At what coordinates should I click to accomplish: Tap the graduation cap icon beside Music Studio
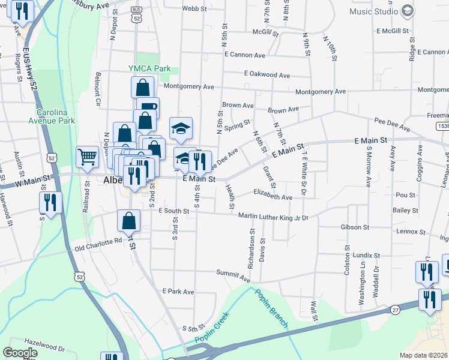click(x=408, y=11)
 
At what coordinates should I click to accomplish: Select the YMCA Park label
click(x=149, y=69)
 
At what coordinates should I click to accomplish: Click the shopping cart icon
click(x=88, y=157)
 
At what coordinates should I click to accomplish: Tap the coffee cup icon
click(x=148, y=107)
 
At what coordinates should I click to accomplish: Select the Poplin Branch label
click(x=272, y=308)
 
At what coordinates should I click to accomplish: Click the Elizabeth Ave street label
click(x=273, y=197)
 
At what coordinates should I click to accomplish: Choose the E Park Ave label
click(x=178, y=292)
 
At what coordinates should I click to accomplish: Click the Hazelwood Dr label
click(x=44, y=347)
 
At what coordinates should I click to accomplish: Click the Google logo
click(x=20, y=353)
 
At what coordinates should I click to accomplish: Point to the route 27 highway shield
click(x=394, y=310)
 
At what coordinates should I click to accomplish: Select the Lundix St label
click(x=366, y=255)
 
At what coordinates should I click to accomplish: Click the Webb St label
click(x=194, y=9)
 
